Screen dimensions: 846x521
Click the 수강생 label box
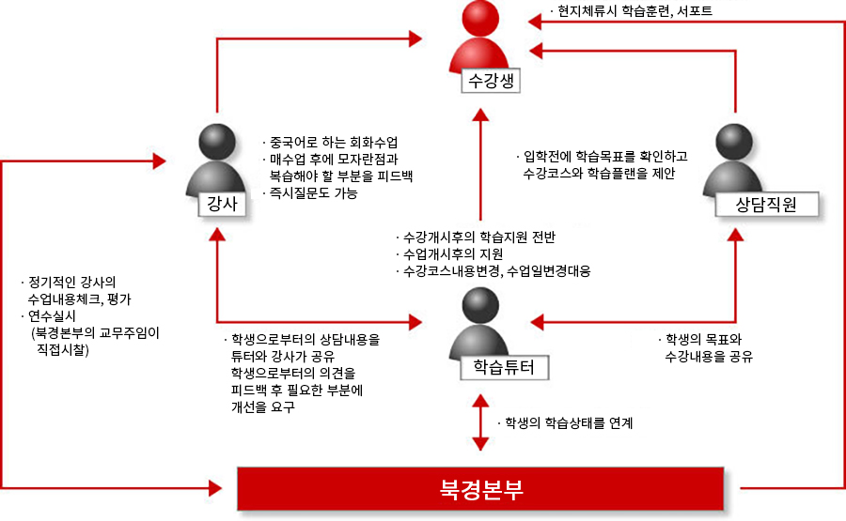click(x=491, y=81)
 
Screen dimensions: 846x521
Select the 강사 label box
click(x=222, y=204)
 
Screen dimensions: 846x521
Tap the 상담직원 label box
click(x=766, y=205)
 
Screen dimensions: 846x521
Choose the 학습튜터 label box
click(x=504, y=367)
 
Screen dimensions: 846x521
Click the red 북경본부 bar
click(x=480, y=489)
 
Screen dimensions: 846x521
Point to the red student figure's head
click(x=479, y=19)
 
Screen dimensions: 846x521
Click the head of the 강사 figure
click(x=217, y=142)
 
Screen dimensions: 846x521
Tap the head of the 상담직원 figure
click(x=734, y=142)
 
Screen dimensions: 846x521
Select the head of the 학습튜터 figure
click(x=480, y=305)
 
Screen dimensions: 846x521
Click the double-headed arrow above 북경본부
click(x=480, y=422)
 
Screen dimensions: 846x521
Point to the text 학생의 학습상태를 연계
click(x=569, y=423)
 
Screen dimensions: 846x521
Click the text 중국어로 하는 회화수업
click(x=334, y=143)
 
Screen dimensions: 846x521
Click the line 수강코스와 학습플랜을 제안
click(x=599, y=174)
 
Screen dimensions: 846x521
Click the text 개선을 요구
click(x=263, y=406)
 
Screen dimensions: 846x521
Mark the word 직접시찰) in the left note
click(x=63, y=349)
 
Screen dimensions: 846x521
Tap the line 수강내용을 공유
click(x=709, y=356)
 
